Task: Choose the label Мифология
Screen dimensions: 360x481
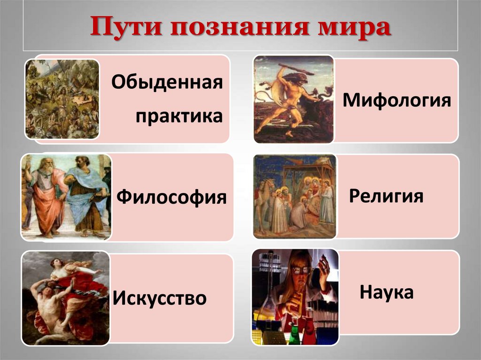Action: (x=397, y=100)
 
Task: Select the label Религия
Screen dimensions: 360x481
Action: (x=386, y=195)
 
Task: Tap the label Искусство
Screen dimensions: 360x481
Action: (x=160, y=298)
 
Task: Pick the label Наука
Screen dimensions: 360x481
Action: (x=387, y=292)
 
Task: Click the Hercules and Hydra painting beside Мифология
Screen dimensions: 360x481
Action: (x=294, y=99)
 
